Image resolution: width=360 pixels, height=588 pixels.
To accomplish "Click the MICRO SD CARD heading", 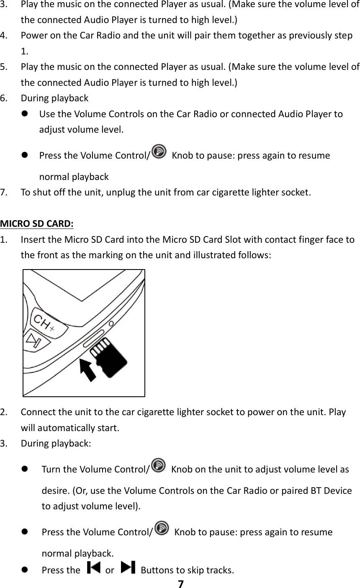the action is pos(37,222).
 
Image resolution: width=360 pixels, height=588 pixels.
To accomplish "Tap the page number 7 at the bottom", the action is pos(180,584).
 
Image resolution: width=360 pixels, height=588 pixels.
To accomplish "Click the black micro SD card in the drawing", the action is pos(108,356).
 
